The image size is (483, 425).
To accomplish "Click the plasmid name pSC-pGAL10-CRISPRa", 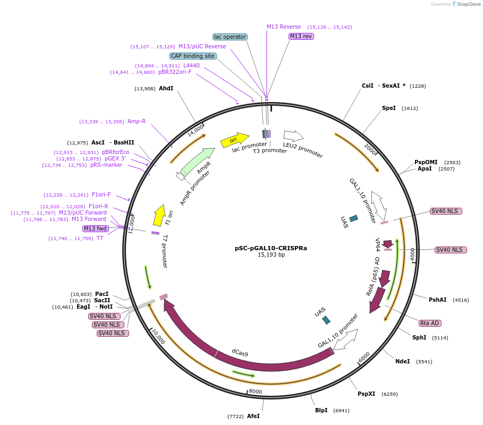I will (x=271, y=248).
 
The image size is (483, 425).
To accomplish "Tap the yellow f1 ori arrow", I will (x=159, y=215).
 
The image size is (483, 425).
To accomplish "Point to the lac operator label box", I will (x=230, y=37).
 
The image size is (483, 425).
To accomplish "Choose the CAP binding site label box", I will (x=193, y=56).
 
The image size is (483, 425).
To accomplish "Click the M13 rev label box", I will (x=301, y=36).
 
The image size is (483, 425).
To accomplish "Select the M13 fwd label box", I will (x=96, y=228).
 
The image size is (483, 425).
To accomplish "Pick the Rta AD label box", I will (x=430, y=323).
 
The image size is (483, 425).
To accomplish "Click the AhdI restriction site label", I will (x=166, y=89).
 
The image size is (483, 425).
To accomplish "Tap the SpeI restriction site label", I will (x=389, y=108).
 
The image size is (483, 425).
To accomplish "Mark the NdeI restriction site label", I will (x=403, y=361).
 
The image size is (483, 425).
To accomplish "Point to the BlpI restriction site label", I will (x=321, y=411).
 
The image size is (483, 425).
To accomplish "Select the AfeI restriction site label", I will (x=253, y=416).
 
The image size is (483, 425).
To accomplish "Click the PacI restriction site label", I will (x=101, y=294).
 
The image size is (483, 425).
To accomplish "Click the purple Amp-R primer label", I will (x=137, y=121).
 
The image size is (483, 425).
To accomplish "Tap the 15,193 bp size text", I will (x=271, y=255).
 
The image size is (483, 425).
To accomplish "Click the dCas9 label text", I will (x=240, y=352).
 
